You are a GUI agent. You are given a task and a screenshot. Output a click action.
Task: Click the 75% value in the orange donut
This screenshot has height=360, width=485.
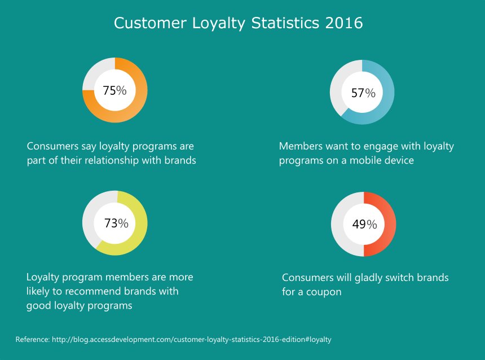point(114,90)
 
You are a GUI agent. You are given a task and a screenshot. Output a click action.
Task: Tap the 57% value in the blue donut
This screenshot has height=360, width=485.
point(363,93)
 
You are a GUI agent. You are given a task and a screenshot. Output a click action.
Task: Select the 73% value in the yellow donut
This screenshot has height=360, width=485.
point(116,223)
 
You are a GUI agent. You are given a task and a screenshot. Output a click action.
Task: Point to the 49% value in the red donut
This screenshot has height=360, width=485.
point(364,224)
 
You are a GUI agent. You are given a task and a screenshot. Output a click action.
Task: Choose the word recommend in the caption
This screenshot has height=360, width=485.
point(92,292)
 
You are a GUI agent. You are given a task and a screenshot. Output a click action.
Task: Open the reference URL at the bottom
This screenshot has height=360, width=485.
point(191,340)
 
